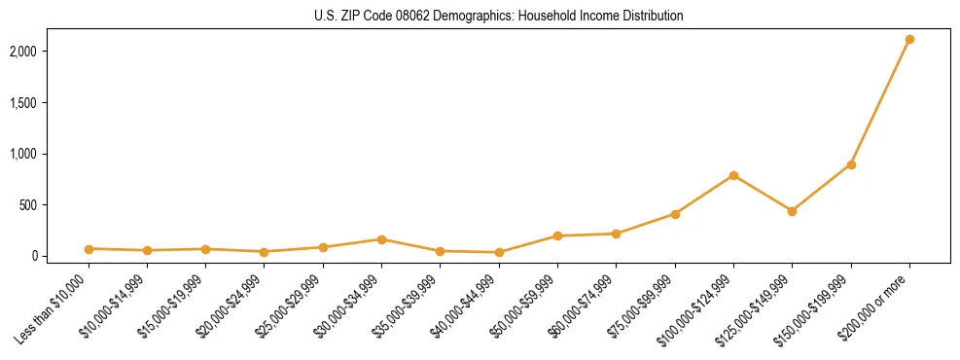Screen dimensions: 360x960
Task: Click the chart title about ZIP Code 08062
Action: (498, 16)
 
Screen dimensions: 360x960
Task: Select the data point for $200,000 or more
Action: (909, 40)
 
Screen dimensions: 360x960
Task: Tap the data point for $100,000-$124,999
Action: (733, 175)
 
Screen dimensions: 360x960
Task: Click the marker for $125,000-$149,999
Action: (792, 211)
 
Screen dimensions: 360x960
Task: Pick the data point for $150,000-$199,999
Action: (851, 164)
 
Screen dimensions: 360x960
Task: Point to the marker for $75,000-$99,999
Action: (675, 214)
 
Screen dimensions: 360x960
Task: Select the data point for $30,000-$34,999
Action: (381, 239)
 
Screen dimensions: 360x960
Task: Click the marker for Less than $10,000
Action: (89, 249)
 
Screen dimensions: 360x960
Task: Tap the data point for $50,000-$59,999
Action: (557, 235)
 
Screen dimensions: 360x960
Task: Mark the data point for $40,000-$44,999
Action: (499, 252)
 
